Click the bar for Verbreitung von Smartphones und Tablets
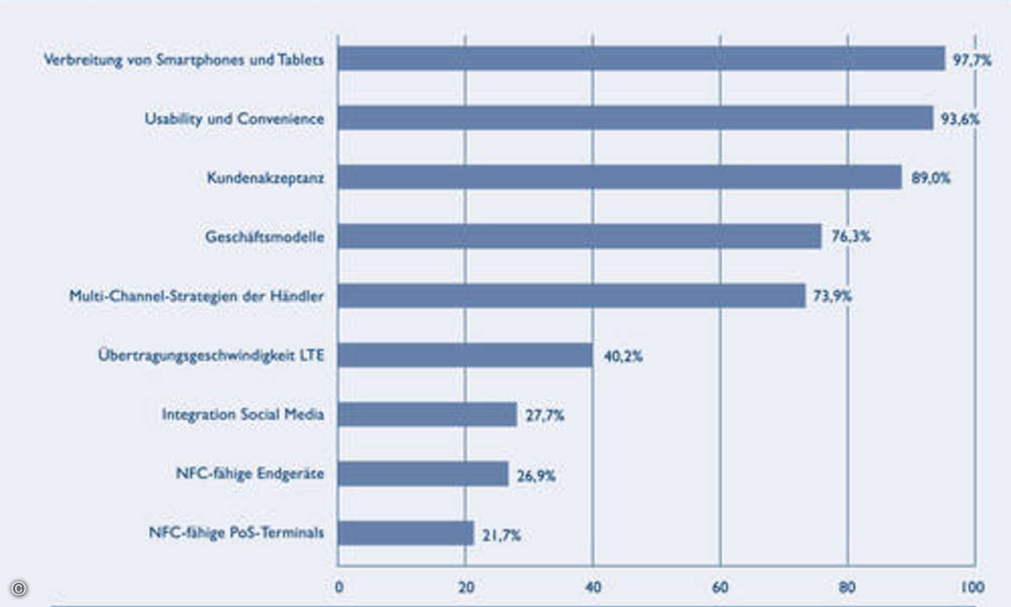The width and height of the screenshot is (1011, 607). click(641, 58)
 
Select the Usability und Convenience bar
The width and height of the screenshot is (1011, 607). click(635, 118)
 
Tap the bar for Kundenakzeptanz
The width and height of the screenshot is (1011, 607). click(619, 177)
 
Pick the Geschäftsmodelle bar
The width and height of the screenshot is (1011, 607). click(580, 236)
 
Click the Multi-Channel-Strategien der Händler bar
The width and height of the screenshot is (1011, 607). click(571, 296)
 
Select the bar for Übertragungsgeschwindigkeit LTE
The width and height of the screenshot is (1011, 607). click(465, 355)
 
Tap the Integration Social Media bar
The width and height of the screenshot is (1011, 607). click(427, 415)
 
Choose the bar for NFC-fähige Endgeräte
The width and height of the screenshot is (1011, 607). click(423, 474)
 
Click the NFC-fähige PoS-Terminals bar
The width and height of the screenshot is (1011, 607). click(406, 533)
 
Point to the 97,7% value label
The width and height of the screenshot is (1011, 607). click(971, 60)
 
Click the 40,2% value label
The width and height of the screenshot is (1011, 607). click(623, 356)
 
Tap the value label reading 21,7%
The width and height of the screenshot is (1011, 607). click(500, 534)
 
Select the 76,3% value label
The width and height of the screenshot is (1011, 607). click(850, 237)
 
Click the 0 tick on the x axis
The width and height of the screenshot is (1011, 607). click(339, 588)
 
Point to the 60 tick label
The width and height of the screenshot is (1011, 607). click(720, 588)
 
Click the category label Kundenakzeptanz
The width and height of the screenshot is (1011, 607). click(265, 178)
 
